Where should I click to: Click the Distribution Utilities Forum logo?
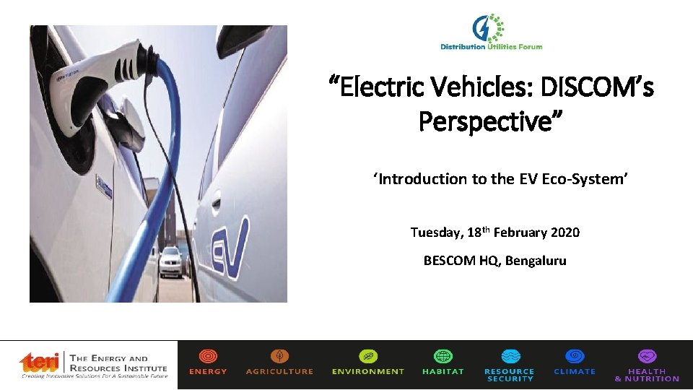[x=492, y=32]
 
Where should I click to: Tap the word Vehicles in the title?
[x=466, y=88]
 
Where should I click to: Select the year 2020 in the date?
[x=565, y=233]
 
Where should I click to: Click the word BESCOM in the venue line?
[x=449, y=261]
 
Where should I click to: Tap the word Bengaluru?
[x=536, y=261]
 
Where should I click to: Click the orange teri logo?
[x=40, y=363]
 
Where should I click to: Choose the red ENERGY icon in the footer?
[x=208, y=357]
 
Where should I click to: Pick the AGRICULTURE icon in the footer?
[x=279, y=357]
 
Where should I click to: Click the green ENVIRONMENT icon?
[x=368, y=357]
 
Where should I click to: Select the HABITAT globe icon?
[x=443, y=357]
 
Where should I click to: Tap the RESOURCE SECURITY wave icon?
[x=510, y=357]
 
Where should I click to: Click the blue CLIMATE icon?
[x=575, y=357]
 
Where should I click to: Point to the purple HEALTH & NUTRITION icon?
[x=647, y=357]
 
